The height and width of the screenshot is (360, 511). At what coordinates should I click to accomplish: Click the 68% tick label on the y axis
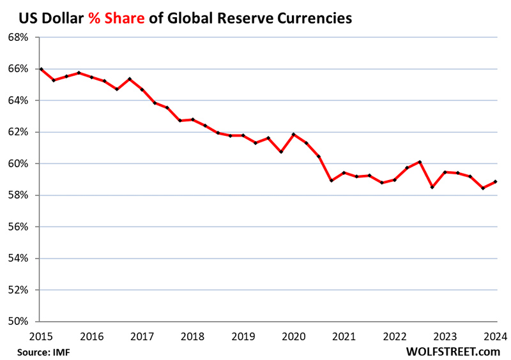coord(19,37)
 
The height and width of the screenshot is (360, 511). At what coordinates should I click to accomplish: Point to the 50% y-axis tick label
coord(19,321)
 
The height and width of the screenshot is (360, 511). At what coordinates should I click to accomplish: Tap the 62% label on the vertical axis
coord(19,132)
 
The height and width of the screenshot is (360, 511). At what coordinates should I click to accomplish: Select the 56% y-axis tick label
coord(19,227)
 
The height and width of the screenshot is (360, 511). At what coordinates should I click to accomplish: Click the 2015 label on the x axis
coord(40,336)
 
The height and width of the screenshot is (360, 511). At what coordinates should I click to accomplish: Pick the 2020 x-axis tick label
coord(293,336)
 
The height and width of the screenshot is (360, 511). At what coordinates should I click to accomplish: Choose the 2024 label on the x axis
coord(496,336)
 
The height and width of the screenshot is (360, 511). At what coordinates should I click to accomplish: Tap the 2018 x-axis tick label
coord(192,336)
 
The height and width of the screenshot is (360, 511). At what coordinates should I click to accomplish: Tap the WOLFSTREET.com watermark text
coord(452,351)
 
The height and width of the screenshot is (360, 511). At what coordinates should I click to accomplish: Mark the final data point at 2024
coord(496,181)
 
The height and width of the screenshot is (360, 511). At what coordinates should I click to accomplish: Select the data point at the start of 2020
coord(293,134)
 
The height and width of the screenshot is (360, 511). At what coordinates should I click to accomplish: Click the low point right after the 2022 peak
coord(432,187)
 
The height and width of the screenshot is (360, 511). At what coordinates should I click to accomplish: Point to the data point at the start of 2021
coord(344,172)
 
